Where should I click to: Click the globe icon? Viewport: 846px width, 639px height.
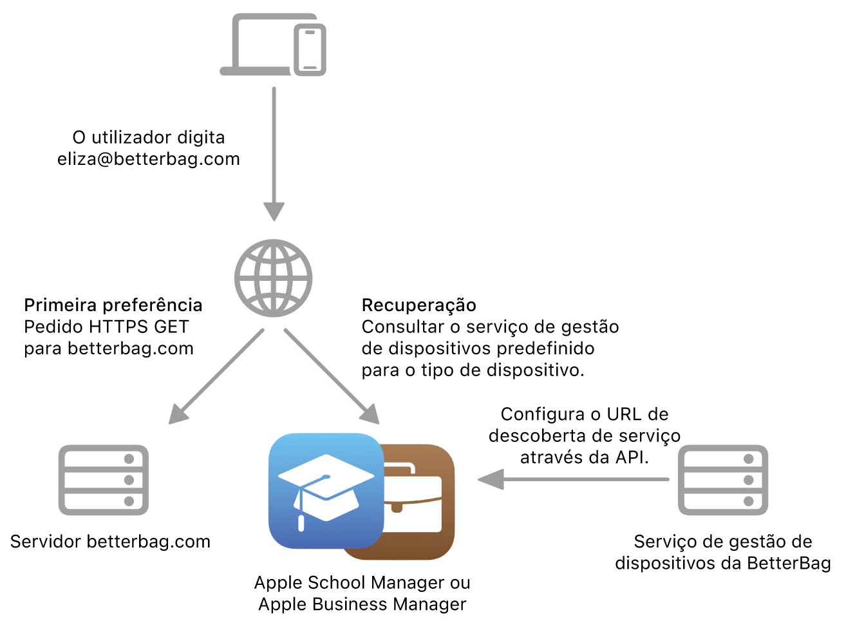(x=273, y=278)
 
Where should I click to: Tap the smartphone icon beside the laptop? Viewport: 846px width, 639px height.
(x=310, y=50)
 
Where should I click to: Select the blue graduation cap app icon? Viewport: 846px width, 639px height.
(x=326, y=491)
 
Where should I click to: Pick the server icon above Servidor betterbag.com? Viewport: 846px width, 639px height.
(x=103, y=480)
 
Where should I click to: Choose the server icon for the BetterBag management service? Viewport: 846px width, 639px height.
(x=723, y=480)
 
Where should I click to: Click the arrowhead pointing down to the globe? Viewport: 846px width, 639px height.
(x=274, y=211)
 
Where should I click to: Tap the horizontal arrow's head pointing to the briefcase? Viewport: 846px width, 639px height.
(x=491, y=479)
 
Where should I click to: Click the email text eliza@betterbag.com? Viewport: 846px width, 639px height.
(x=148, y=159)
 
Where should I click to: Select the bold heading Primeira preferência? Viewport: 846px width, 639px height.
(x=113, y=305)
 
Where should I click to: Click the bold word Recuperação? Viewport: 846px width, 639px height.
(x=419, y=305)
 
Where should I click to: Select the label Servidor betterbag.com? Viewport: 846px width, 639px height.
(x=110, y=542)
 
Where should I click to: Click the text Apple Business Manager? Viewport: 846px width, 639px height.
(x=362, y=604)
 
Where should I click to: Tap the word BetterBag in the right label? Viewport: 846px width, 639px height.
(x=789, y=563)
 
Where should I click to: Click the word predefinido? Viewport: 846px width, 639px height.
(x=545, y=348)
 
